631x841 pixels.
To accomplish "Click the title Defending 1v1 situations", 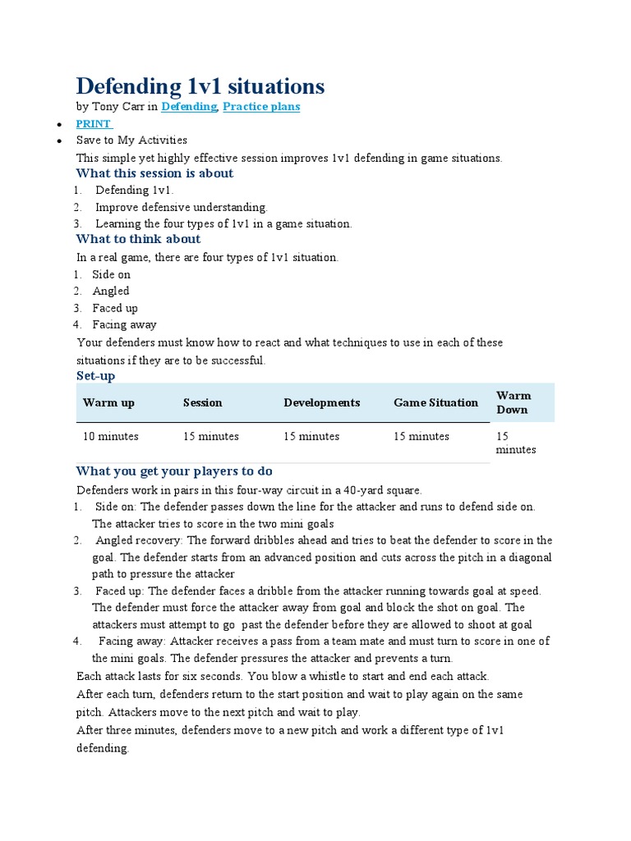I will coord(200,86).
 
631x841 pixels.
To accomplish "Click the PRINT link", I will coord(93,124).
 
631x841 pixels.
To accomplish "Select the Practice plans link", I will coord(261,107).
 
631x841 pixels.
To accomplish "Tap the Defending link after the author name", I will coord(189,107).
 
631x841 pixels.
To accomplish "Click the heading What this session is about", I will coord(154,173).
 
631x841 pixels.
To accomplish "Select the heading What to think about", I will coord(138,239).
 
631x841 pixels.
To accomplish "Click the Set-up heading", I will coord(95,375).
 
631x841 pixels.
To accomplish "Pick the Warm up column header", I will coord(108,402).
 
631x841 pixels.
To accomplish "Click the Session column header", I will coord(202,402).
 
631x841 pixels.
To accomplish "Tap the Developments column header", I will coord(321,402).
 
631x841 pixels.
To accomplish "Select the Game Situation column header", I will coord(435,402).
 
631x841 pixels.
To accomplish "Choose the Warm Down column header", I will coord(514,402).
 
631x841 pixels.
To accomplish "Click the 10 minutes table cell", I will coord(110,436).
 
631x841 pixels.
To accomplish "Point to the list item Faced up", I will coord(115,308).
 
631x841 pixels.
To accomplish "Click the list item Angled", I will coord(111,291).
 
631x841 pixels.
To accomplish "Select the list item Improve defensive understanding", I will coord(182,207).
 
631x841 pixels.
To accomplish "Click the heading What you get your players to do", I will coord(174,471).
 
